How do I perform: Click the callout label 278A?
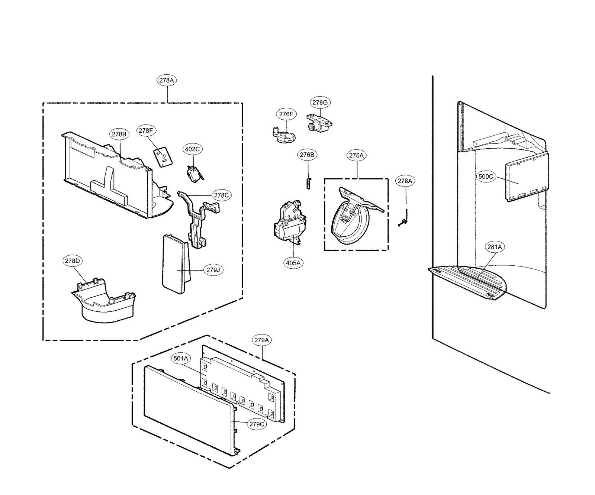click(x=167, y=80)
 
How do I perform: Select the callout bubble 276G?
click(x=320, y=103)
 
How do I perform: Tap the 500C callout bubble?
click(x=486, y=177)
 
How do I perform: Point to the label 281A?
click(x=495, y=247)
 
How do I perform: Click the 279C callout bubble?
click(x=257, y=424)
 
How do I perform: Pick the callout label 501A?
click(x=181, y=359)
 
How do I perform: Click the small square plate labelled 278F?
click(x=163, y=157)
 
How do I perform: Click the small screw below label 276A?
click(x=404, y=219)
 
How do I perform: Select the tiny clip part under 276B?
click(x=308, y=183)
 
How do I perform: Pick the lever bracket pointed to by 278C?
click(x=197, y=219)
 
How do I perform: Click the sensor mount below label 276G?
click(x=318, y=124)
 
